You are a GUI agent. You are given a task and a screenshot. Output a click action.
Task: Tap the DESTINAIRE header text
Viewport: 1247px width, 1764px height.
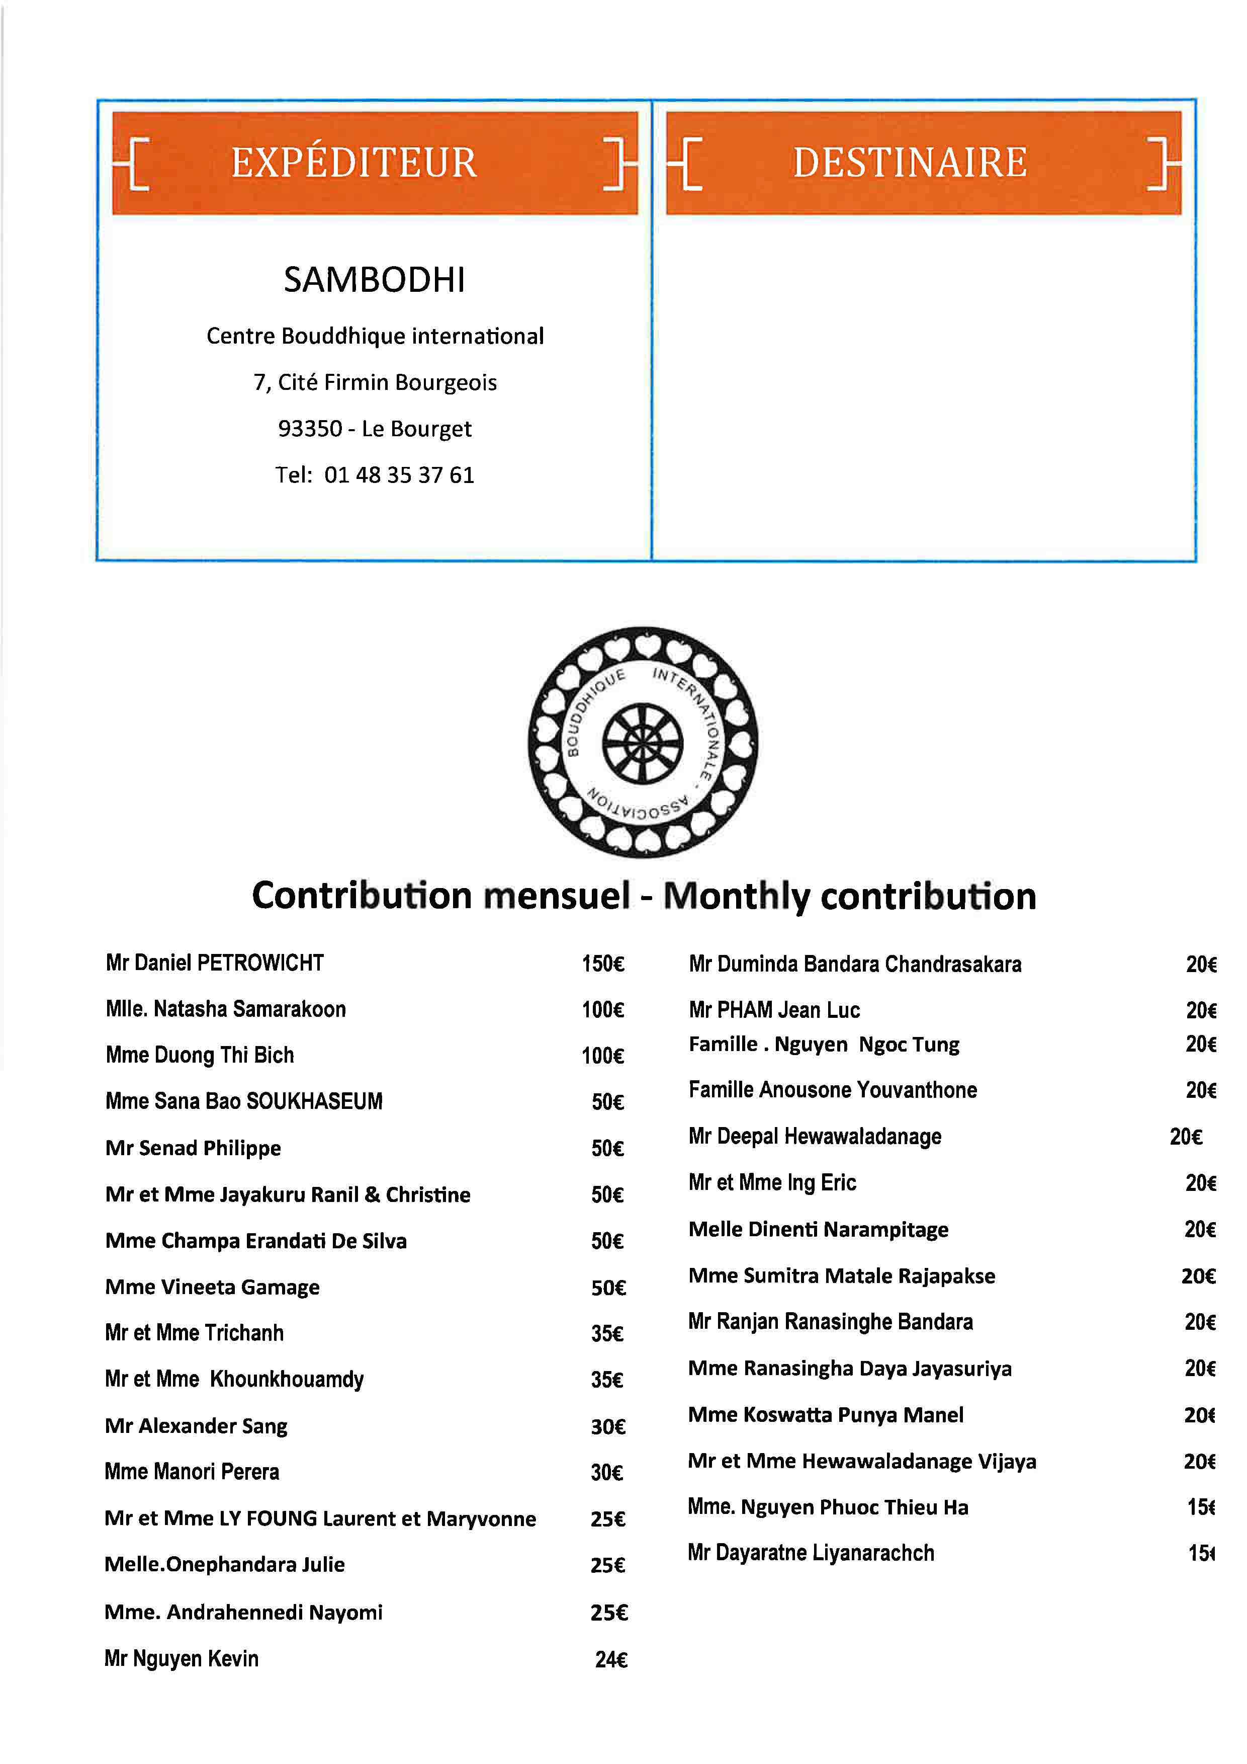pos(910,163)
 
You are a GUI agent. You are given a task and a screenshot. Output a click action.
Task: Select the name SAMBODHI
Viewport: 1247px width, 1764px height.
pos(375,280)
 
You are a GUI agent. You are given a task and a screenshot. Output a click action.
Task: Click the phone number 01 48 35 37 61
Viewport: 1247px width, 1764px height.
pos(399,475)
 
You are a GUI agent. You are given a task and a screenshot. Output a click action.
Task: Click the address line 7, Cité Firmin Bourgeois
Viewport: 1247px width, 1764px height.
pos(375,382)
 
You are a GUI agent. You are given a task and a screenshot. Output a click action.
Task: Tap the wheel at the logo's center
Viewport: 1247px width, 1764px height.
pos(642,744)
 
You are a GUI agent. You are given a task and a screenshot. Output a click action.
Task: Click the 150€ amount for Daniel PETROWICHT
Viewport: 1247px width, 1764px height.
pos(603,964)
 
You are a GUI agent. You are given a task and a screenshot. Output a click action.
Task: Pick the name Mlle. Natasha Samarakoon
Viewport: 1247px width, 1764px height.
pos(226,1009)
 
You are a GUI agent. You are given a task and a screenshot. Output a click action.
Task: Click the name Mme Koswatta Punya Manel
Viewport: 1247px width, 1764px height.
pos(826,1415)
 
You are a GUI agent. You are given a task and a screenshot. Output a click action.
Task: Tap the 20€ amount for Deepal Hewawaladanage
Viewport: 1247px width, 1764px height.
pos(1186,1136)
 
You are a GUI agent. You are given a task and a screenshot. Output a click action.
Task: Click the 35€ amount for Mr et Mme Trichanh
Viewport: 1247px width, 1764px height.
pos(606,1334)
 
